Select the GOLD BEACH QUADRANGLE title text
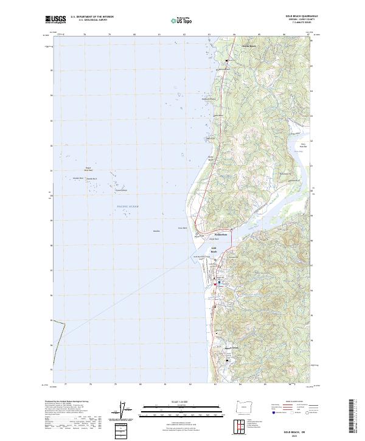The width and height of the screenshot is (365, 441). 291,16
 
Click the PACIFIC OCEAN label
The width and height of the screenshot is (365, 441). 128,207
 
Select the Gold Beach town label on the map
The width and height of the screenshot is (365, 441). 214,249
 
